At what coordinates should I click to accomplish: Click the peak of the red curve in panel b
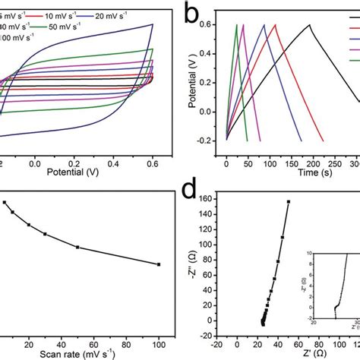[275, 25]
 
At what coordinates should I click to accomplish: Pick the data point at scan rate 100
[159, 264]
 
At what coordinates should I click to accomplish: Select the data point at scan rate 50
[77, 247]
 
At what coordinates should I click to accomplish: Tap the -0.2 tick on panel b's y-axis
[211, 139]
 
